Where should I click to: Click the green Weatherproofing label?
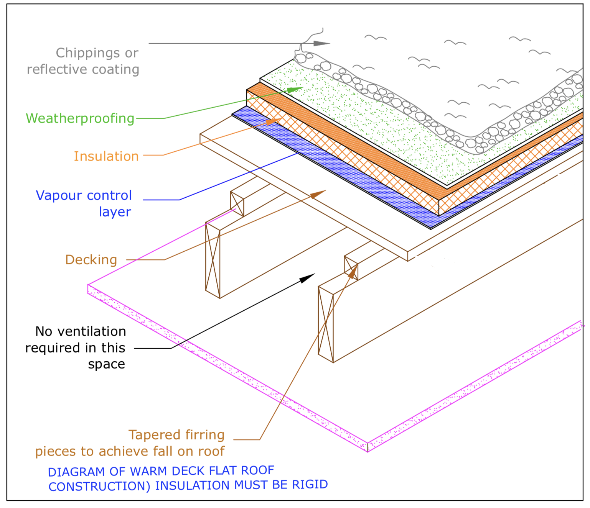[80, 118]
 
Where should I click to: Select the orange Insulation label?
[106, 156]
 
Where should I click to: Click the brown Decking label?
[91, 260]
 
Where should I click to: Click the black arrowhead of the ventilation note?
[308, 278]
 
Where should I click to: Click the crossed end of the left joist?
[213, 261]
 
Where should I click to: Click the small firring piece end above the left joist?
[237, 204]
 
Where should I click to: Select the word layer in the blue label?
[115, 212]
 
